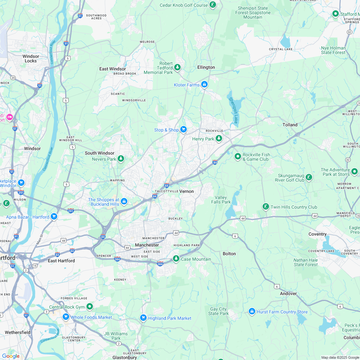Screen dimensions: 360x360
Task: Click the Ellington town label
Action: (x=206, y=67)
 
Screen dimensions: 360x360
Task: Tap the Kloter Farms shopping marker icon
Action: (x=204, y=85)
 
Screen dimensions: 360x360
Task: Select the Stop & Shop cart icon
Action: (x=183, y=130)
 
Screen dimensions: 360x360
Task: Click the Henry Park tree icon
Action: (x=219, y=139)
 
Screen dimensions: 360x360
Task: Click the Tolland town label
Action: (x=290, y=125)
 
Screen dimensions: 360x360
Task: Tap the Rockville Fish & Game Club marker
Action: (x=238, y=157)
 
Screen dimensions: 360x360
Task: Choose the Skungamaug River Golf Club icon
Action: (x=309, y=177)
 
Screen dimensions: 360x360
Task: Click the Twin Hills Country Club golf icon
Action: (x=265, y=207)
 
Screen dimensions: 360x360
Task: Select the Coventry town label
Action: (x=317, y=234)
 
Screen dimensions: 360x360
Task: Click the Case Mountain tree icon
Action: (x=176, y=259)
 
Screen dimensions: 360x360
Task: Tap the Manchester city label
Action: (x=147, y=245)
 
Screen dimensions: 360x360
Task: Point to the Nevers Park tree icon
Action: (x=121, y=158)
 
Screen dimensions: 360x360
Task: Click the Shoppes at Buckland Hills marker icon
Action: (x=124, y=202)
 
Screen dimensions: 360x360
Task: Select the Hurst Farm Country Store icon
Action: (x=252, y=311)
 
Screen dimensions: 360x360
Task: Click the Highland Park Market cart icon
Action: (x=143, y=318)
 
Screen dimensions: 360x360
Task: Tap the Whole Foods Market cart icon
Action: (x=66, y=317)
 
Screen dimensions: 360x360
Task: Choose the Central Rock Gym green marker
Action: (x=90, y=307)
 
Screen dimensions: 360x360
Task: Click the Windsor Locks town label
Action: (x=31, y=59)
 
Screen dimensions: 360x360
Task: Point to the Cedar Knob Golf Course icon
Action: (x=212, y=5)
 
